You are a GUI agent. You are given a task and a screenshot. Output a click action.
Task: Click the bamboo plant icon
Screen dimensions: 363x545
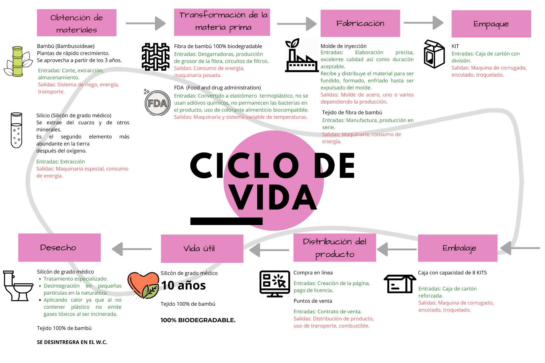18,62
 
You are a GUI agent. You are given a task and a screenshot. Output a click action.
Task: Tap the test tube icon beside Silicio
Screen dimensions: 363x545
16,130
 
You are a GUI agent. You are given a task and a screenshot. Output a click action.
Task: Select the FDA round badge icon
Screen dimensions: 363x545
157,103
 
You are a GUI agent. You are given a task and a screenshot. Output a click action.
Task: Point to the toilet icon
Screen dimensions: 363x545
18,286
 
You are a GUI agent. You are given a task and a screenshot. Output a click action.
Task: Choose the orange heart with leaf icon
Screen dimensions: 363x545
143,285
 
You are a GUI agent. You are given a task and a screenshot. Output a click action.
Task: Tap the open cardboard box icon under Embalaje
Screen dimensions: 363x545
400,284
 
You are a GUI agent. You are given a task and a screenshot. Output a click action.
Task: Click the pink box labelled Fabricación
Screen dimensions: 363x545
360,23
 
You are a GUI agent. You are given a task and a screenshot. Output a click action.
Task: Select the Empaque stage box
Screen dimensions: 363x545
491,24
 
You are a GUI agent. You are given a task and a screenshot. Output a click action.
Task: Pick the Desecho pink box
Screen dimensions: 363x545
59,247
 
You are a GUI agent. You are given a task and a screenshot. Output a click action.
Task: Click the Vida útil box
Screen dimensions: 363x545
202,248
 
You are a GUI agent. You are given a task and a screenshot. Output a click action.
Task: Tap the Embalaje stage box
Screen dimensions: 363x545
458,248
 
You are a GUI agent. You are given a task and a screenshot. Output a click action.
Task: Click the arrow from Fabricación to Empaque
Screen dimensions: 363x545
424,23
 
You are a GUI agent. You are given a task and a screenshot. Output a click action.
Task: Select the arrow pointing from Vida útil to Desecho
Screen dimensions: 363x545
132,249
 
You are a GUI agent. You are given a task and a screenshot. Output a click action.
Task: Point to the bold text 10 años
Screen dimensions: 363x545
183,286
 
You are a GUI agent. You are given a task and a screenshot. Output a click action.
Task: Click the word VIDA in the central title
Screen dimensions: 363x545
272,197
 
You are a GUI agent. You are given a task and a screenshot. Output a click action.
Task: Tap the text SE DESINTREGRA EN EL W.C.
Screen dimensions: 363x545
72,342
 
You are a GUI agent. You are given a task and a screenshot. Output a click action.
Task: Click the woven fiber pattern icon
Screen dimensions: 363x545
156,57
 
